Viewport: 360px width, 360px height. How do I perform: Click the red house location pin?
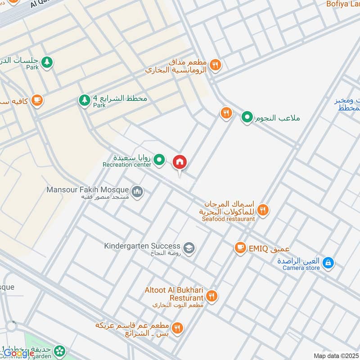180,162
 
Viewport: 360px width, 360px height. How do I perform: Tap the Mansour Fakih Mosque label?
88,190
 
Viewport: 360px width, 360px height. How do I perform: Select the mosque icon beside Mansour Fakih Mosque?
138,192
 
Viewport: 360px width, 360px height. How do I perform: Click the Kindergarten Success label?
142,246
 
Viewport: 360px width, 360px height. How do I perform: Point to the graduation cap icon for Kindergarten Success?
189,247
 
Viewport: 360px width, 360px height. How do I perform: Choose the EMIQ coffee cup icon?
240,248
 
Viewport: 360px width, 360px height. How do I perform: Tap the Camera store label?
301,268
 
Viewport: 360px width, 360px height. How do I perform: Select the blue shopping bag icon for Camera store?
328,262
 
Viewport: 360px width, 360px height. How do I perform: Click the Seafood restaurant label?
229,219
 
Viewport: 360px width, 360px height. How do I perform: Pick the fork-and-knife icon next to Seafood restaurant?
264,209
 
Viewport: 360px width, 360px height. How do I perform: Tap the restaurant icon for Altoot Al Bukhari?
212,296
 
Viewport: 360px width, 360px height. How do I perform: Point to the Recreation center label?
127,165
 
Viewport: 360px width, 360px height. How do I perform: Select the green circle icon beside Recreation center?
159,159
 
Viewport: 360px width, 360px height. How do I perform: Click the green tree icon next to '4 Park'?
84,100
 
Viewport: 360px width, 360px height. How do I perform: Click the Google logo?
19,353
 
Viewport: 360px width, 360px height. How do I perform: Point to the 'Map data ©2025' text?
335,355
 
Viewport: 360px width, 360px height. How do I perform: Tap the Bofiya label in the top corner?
343,4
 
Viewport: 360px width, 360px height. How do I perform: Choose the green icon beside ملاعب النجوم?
247,118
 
